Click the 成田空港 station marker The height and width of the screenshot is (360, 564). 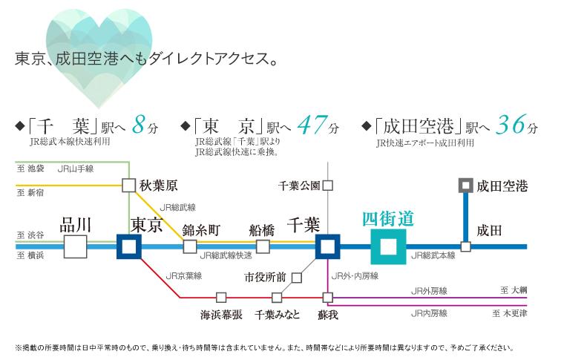tap(465, 186)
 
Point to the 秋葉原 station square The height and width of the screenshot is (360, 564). tap(129, 186)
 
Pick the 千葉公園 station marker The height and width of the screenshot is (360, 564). tap(327, 186)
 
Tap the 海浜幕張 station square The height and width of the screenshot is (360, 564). tap(220, 298)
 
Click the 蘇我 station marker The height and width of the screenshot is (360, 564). tap(327, 298)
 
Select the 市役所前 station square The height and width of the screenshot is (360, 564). tap(296, 278)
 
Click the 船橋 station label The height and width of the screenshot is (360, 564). tap(263, 227)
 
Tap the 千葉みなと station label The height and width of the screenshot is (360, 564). tap(277, 315)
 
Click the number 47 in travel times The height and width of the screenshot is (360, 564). tap(311, 125)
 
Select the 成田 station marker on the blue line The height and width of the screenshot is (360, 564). tap(465, 246)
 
